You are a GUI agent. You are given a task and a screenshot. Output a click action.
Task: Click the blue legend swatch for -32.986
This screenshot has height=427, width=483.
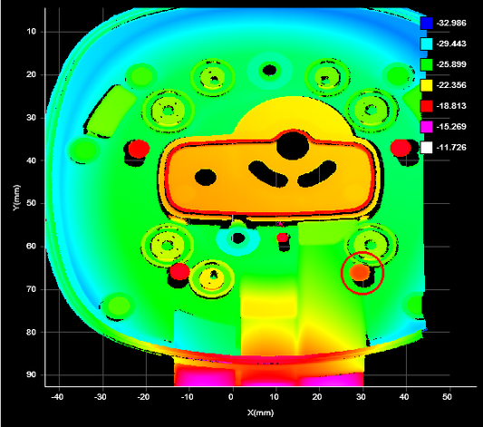pos(426,23)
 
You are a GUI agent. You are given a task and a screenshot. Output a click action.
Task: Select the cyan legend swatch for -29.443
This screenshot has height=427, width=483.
pos(426,44)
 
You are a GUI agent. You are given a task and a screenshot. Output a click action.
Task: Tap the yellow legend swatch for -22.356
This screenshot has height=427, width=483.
pos(426,85)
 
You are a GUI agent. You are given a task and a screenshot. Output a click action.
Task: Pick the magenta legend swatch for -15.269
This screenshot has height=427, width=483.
pos(426,127)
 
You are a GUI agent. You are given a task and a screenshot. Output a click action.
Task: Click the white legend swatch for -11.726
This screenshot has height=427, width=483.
pos(426,147)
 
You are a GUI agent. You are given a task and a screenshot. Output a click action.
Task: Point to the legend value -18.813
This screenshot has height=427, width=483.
pos(451,106)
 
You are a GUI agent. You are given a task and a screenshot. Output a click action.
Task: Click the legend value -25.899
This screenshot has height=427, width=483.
pos(451,64)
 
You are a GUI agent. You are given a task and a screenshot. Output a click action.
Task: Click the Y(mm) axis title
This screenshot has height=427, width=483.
pos(16,198)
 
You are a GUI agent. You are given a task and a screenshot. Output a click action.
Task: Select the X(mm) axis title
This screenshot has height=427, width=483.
pos(260,412)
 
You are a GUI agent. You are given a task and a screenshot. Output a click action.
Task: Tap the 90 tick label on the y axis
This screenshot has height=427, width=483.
pos(31,374)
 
